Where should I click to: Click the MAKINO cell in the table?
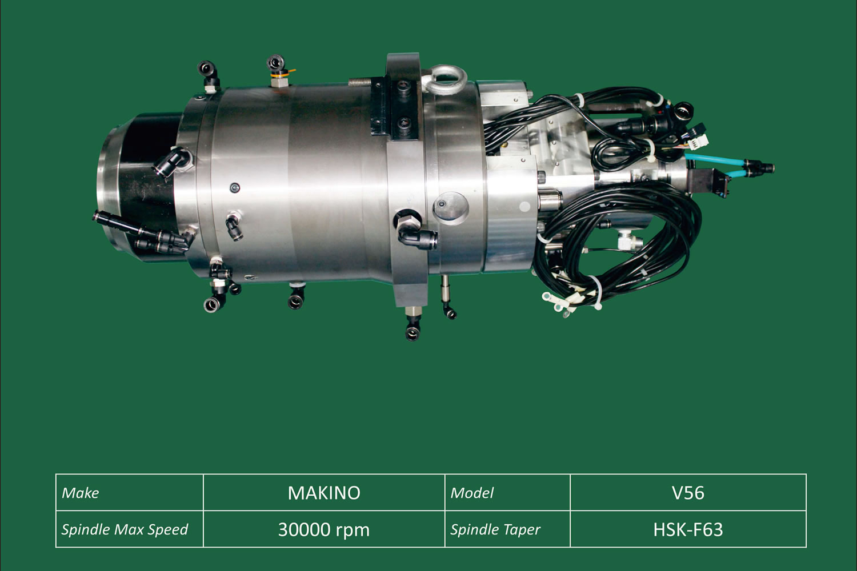click(x=324, y=493)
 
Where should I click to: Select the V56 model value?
click(x=688, y=493)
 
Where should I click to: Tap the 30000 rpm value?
click(x=324, y=530)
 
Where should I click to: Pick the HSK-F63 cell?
click(x=688, y=530)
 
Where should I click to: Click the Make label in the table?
click(x=81, y=493)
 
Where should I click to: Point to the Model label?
click(x=472, y=493)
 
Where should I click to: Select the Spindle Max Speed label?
click(x=125, y=530)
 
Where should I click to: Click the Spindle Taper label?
click(x=495, y=530)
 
